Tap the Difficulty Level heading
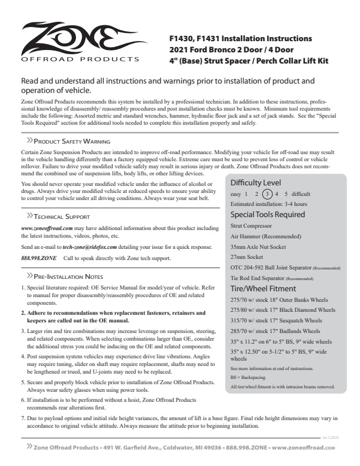click(x=256, y=182)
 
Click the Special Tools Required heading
click(x=268, y=214)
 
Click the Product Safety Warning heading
click(x=72, y=142)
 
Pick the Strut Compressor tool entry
click(x=251, y=225)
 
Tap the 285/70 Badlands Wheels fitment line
click(x=275, y=331)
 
